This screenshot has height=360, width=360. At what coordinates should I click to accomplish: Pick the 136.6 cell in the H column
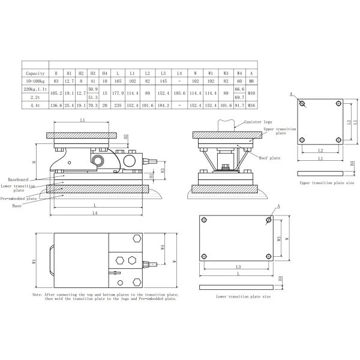56,106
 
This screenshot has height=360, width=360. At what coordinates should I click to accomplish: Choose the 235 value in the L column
118,106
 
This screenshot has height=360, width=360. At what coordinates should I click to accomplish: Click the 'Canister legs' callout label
256,122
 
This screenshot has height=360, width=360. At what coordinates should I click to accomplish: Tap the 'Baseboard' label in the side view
21,179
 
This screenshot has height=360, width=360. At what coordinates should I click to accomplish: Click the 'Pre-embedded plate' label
19,197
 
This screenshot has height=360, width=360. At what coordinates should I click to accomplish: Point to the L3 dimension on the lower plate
238,266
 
